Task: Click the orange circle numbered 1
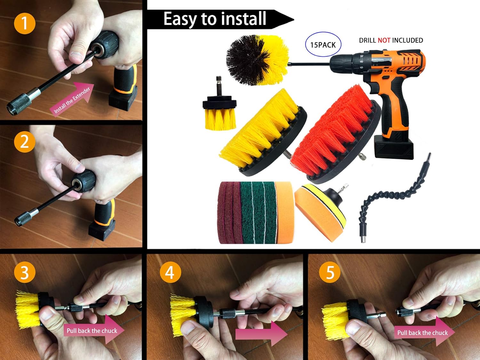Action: pos(25,23)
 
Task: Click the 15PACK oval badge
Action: pos(323,44)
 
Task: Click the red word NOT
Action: pos(384,40)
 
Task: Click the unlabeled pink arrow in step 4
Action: pos(261,334)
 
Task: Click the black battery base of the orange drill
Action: pos(394,147)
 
